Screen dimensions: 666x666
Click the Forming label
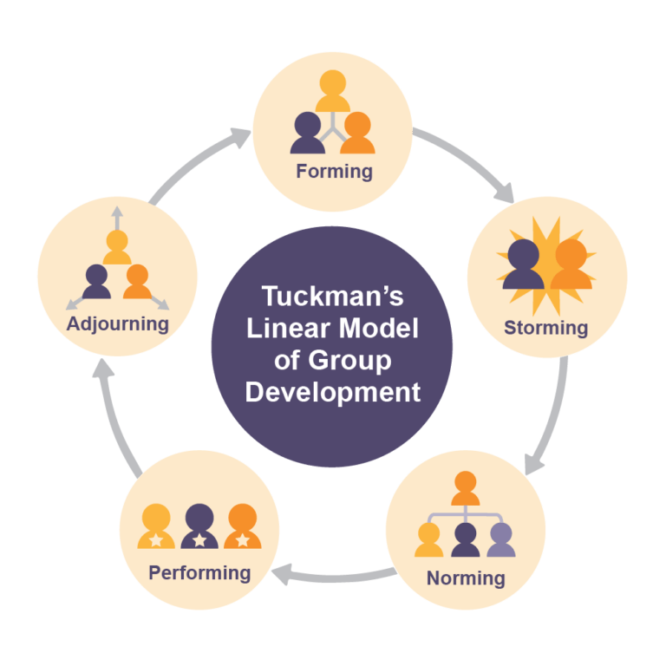(334, 172)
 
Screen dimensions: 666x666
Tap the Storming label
(545, 328)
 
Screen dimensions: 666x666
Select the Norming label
(465, 578)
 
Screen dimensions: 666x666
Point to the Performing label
(199, 572)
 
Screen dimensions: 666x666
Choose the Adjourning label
(118, 324)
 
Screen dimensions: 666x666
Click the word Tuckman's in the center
(332, 297)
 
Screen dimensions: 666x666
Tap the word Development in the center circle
(332, 391)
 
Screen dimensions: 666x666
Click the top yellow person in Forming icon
(332, 90)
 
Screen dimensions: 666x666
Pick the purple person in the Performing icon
(199, 526)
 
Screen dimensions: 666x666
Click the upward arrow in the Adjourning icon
(117, 217)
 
